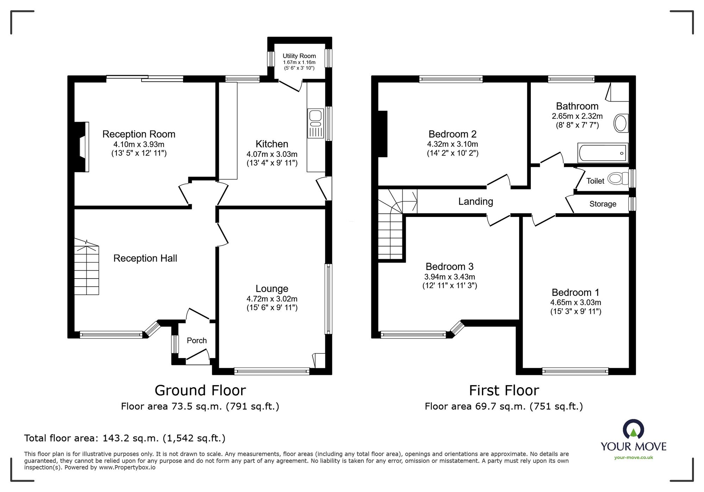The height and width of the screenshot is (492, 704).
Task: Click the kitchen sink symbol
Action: pyautogui.click(x=315, y=123)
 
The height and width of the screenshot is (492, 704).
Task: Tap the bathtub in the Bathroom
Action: pyautogui.click(x=603, y=153)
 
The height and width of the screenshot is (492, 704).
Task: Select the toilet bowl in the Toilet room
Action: pyautogui.click(x=616, y=179)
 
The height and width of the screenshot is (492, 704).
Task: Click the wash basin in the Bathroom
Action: pyautogui.click(x=621, y=123)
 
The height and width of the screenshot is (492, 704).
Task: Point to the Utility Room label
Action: pyautogui.click(x=299, y=56)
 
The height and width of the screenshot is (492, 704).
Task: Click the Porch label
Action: pyautogui.click(x=196, y=340)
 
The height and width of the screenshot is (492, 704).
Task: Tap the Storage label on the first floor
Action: pyautogui.click(x=603, y=204)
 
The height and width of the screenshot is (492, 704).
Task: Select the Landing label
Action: pyautogui.click(x=475, y=202)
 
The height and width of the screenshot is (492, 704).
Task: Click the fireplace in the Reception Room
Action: pyautogui.click(x=82, y=147)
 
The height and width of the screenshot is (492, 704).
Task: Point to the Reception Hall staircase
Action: pyautogui.click(x=87, y=269)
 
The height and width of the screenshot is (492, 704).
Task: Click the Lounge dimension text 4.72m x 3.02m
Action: pyautogui.click(x=272, y=299)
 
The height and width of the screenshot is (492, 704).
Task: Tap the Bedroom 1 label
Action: pyautogui.click(x=575, y=293)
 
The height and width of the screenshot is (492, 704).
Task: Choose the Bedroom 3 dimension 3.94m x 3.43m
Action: pyautogui.click(x=450, y=277)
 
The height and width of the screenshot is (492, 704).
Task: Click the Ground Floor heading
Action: pyautogui.click(x=200, y=390)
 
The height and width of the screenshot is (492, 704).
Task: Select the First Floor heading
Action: pyautogui.click(x=504, y=390)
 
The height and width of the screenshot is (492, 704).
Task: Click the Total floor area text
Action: pyautogui.click(x=125, y=438)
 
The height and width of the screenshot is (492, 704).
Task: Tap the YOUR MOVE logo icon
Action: pyautogui.click(x=633, y=429)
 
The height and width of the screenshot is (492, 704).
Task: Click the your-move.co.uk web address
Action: pyautogui.click(x=633, y=458)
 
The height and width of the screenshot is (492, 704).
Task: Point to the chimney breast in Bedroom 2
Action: pyautogui.click(x=382, y=134)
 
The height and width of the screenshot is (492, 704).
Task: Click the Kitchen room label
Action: pyautogui.click(x=272, y=144)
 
